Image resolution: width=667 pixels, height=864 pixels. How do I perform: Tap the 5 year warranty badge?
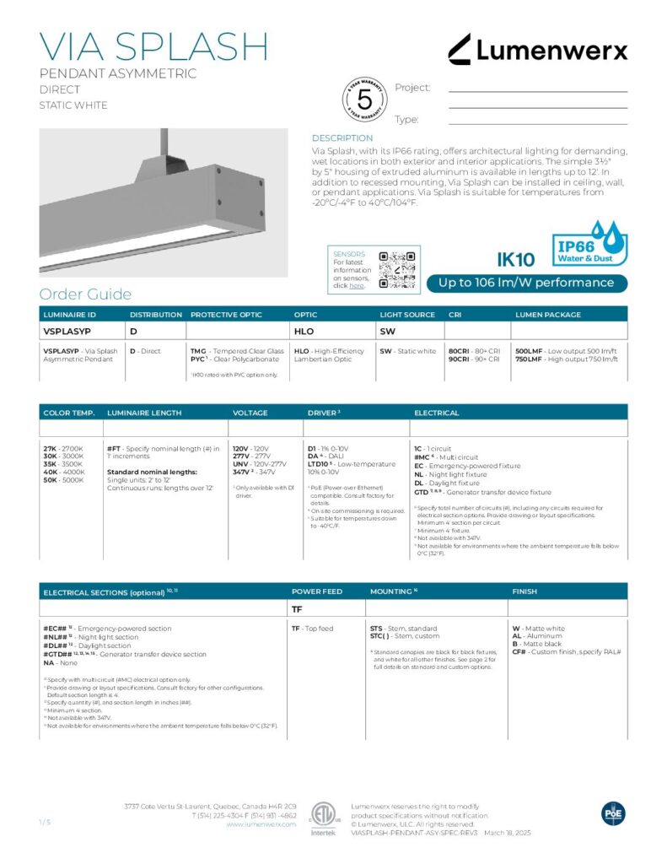365,100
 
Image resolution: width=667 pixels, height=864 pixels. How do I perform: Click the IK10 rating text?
516,261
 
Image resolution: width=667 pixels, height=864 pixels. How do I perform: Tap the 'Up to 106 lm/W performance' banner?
527,283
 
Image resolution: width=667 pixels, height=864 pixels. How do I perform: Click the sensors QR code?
397,269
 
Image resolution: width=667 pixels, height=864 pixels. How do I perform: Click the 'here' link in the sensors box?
357,286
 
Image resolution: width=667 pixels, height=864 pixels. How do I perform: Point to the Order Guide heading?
85,294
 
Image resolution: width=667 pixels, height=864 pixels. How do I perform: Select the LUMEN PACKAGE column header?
548,315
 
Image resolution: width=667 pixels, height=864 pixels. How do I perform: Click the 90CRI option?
463,359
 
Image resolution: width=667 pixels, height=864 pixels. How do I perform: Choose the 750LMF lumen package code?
529,359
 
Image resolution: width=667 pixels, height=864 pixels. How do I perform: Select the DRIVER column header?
323,413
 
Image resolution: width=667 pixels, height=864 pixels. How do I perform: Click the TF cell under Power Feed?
297,607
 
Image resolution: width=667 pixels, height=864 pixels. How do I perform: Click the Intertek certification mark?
323,818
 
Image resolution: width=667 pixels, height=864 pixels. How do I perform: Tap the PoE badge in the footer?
613,813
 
